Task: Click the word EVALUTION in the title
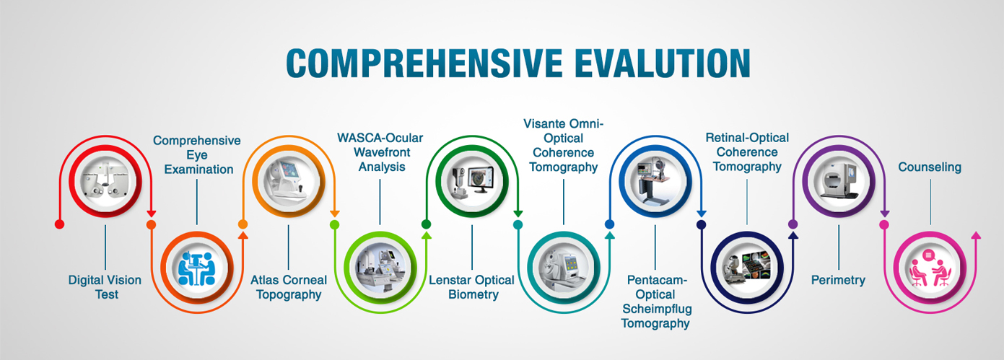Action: (x=663, y=63)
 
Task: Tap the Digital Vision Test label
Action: (x=105, y=287)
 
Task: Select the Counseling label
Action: (x=930, y=167)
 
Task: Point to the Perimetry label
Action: (x=838, y=281)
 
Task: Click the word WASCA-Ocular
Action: (x=380, y=138)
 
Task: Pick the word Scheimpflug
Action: (x=657, y=309)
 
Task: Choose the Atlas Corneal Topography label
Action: (x=289, y=287)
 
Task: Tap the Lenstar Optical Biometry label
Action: (x=471, y=287)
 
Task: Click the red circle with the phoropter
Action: (x=105, y=181)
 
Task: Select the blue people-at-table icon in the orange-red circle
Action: (x=197, y=268)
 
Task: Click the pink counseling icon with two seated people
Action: (x=930, y=268)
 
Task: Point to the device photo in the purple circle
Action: (x=838, y=181)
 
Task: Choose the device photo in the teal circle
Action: (x=564, y=268)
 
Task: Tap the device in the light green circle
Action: (x=380, y=268)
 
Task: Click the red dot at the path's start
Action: (x=59, y=224)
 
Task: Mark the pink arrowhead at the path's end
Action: (x=976, y=235)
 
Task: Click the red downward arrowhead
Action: (x=152, y=214)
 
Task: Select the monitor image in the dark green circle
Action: (x=481, y=180)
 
